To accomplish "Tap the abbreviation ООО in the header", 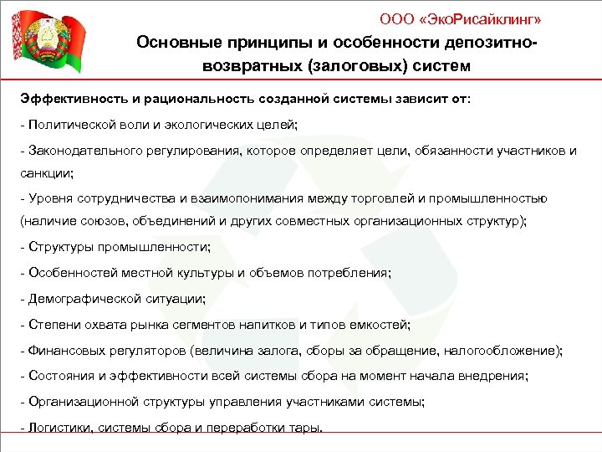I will pos(395,18).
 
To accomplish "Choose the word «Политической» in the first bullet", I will pos(71,124).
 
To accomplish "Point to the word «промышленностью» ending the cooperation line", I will pos(494,198).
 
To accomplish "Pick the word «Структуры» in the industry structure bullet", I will pos(59,248).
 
